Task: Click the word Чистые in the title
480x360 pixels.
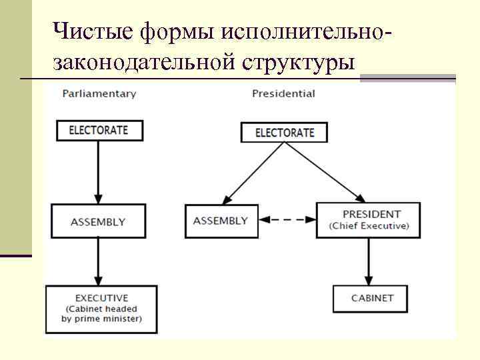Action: click(93, 31)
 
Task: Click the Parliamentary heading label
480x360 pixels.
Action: click(99, 94)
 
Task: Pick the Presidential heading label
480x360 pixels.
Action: click(283, 94)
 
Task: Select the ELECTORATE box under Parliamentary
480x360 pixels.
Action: click(98, 130)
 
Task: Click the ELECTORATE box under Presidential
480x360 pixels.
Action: click(285, 133)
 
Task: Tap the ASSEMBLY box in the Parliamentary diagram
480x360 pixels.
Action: click(98, 221)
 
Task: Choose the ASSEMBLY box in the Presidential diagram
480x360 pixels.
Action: click(221, 221)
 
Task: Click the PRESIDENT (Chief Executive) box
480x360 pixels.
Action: click(368, 220)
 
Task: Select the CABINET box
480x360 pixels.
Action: click(372, 298)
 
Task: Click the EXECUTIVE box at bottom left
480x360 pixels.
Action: click(101, 309)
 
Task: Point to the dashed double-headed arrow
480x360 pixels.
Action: click(287, 219)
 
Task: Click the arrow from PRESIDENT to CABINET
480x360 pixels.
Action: click(368, 261)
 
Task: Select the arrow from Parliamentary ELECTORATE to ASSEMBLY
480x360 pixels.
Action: click(98, 171)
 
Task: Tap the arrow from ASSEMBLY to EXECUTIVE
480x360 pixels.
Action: click(98, 261)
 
